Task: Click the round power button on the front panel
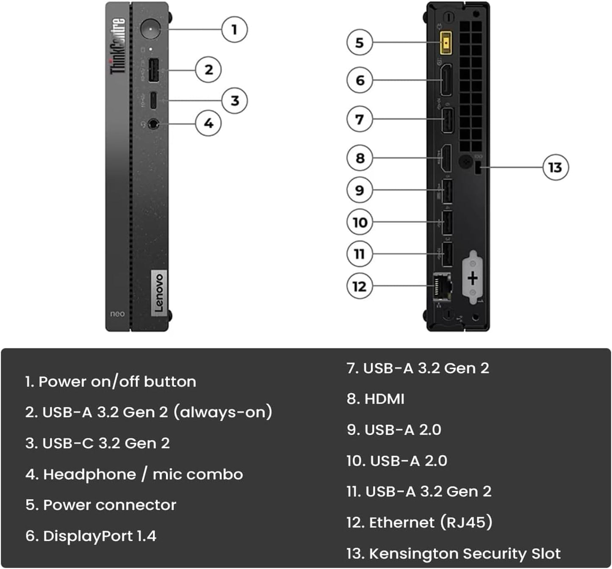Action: [150, 29]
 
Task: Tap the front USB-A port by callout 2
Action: [153, 70]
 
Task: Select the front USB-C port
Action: [153, 100]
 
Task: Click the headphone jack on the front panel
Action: [153, 124]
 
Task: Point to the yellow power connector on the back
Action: [446, 43]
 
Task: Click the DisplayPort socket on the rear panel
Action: [446, 80]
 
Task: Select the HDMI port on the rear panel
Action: [446, 158]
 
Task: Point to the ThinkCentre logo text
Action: [118, 46]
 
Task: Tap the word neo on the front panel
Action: [117, 314]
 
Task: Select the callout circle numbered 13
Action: [555, 167]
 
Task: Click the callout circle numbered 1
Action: [234, 30]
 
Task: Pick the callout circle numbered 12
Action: [359, 286]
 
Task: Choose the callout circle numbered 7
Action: [359, 119]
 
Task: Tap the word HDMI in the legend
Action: [384, 399]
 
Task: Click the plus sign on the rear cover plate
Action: [473, 278]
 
